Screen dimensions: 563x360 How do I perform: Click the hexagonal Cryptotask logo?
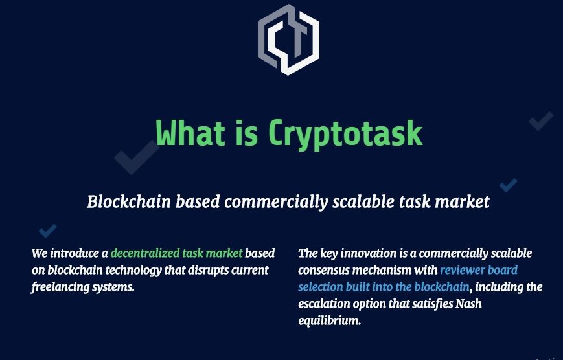pos(288,39)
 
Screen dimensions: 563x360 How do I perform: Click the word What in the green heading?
pos(191,133)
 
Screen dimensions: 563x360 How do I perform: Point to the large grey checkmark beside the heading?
pos(137,157)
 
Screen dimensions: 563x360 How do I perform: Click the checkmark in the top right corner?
pos(541,121)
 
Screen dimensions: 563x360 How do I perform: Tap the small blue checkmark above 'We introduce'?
pos(48,231)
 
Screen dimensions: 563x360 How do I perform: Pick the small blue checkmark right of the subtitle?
pos(509,185)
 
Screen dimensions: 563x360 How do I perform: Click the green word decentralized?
pos(144,253)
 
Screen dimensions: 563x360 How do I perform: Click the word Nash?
pos(468,304)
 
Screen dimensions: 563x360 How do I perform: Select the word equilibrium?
pos(329,321)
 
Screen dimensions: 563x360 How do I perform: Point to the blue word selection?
pos(320,287)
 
